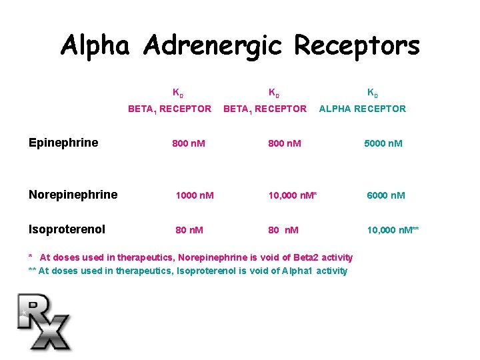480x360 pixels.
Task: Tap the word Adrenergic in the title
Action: click(x=212, y=47)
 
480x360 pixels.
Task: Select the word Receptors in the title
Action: click(x=357, y=47)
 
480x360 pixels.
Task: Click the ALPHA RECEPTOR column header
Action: click(x=362, y=109)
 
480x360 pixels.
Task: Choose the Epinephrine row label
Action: click(x=63, y=143)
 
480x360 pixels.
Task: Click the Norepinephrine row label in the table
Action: click(x=73, y=195)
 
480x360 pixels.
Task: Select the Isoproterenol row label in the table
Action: click(x=67, y=229)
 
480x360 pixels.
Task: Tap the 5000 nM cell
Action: click(x=383, y=143)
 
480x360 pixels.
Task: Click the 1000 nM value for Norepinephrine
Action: click(x=194, y=195)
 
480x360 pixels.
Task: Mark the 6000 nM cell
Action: click(x=386, y=195)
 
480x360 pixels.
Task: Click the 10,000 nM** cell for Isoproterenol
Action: click(x=393, y=230)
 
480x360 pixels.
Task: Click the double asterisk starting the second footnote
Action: click(x=32, y=271)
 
